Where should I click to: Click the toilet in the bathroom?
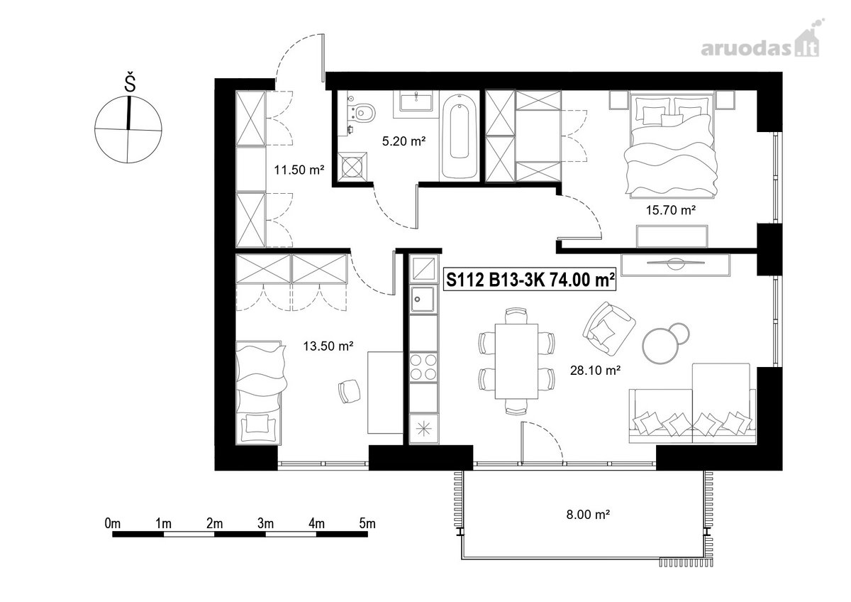click(362, 111)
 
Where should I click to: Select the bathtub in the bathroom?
click(459, 136)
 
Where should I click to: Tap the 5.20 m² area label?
click(404, 141)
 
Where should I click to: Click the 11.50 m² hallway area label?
click(299, 170)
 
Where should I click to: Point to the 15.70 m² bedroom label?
click(671, 210)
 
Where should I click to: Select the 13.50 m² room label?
click(328, 346)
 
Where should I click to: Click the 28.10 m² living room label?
click(595, 370)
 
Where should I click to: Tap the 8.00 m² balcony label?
click(588, 515)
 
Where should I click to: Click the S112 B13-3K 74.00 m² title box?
click(530, 280)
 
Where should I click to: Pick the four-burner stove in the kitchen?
click(423, 367)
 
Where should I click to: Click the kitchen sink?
click(423, 299)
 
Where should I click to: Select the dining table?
click(516, 361)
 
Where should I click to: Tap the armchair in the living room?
click(608, 328)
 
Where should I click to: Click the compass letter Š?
click(130, 83)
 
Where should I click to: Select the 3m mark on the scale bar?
click(265, 524)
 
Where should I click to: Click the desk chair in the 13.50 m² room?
click(349, 391)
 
